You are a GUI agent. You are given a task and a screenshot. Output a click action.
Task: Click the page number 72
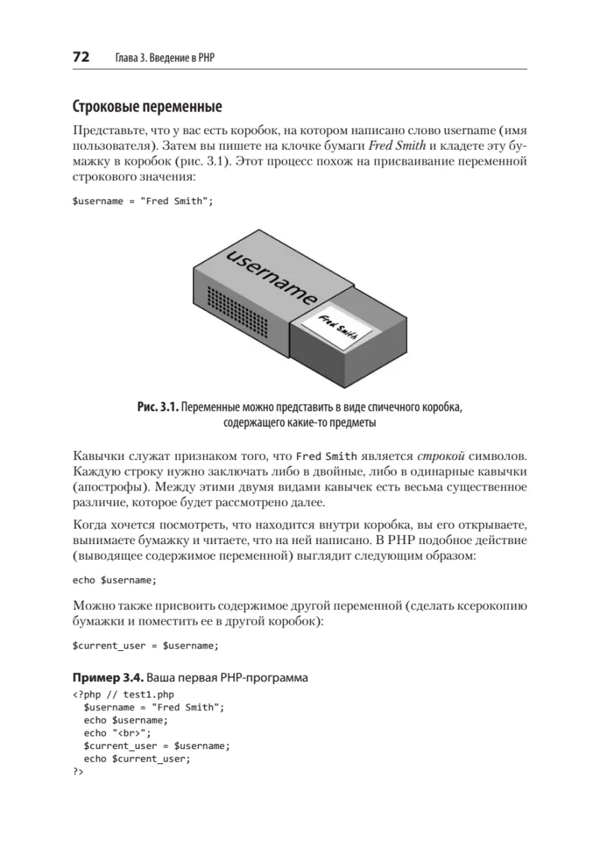pyautogui.click(x=81, y=58)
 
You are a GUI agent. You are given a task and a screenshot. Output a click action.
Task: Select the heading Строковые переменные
pyautogui.click(x=147, y=108)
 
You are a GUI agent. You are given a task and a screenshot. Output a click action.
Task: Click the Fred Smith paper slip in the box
pyautogui.click(x=334, y=324)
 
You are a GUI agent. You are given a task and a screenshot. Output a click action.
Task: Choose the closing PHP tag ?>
pyautogui.click(x=78, y=771)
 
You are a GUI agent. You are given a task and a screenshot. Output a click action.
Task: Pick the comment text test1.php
pyautogui.click(x=148, y=695)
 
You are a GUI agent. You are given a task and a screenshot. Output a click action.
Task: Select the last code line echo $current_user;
pyautogui.click(x=137, y=758)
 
